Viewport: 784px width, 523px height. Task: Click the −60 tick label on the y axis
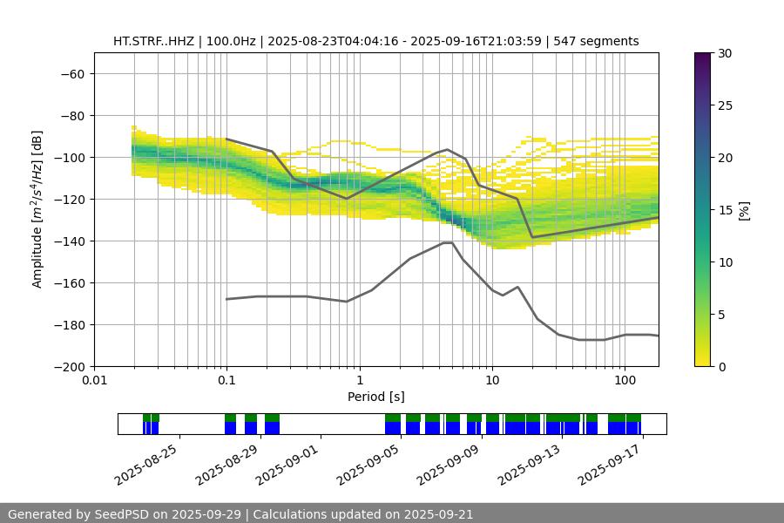click(x=71, y=73)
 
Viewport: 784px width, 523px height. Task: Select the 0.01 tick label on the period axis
click(x=94, y=381)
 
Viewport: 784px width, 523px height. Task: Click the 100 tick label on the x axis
click(x=624, y=381)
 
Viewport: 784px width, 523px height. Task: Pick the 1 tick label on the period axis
click(x=359, y=381)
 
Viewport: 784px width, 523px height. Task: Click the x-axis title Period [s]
click(x=375, y=397)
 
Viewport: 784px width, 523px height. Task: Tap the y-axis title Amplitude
click(x=37, y=209)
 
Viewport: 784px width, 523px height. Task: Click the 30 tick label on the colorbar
click(x=724, y=53)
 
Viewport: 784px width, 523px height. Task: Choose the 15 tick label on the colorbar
click(x=724, y=210)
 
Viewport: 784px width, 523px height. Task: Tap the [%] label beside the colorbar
click(x=744, y=210)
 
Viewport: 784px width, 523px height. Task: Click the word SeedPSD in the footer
click(x=120, y=514)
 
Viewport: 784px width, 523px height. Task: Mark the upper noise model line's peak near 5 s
click(x=447, y=149)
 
